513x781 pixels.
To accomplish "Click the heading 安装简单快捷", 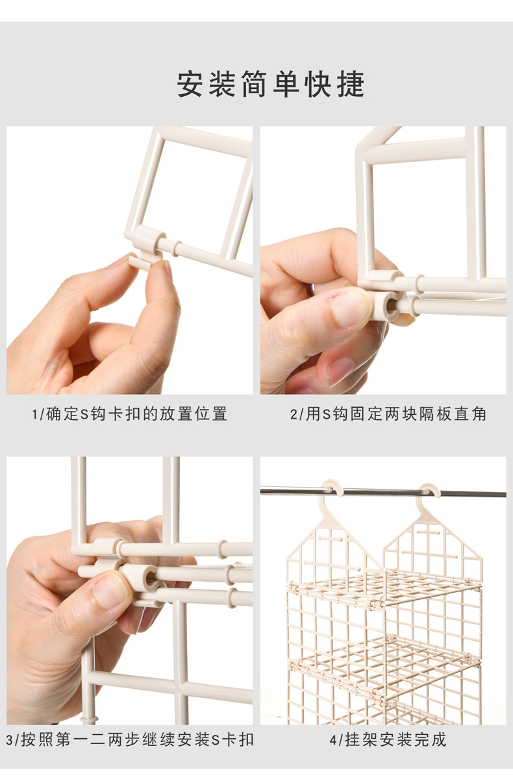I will coord(271,85).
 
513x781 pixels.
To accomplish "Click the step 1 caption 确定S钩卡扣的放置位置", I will coord(129,414).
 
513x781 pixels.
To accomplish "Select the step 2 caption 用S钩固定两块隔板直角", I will coord(388,414).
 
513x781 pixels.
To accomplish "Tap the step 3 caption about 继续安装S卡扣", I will coord(129,739).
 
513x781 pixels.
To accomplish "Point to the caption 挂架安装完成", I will coord(388,739).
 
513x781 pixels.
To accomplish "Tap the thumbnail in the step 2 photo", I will coord(351,305).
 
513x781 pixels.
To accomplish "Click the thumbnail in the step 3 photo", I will coord(110,588).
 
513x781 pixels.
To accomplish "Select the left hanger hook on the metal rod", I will coord(332,488).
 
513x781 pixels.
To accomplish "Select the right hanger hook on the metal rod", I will coord(429,490).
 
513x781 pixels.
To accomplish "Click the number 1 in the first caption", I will coord(34,414).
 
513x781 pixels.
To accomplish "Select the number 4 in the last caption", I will coord(332,739).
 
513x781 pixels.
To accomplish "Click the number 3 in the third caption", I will coord(10,739).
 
